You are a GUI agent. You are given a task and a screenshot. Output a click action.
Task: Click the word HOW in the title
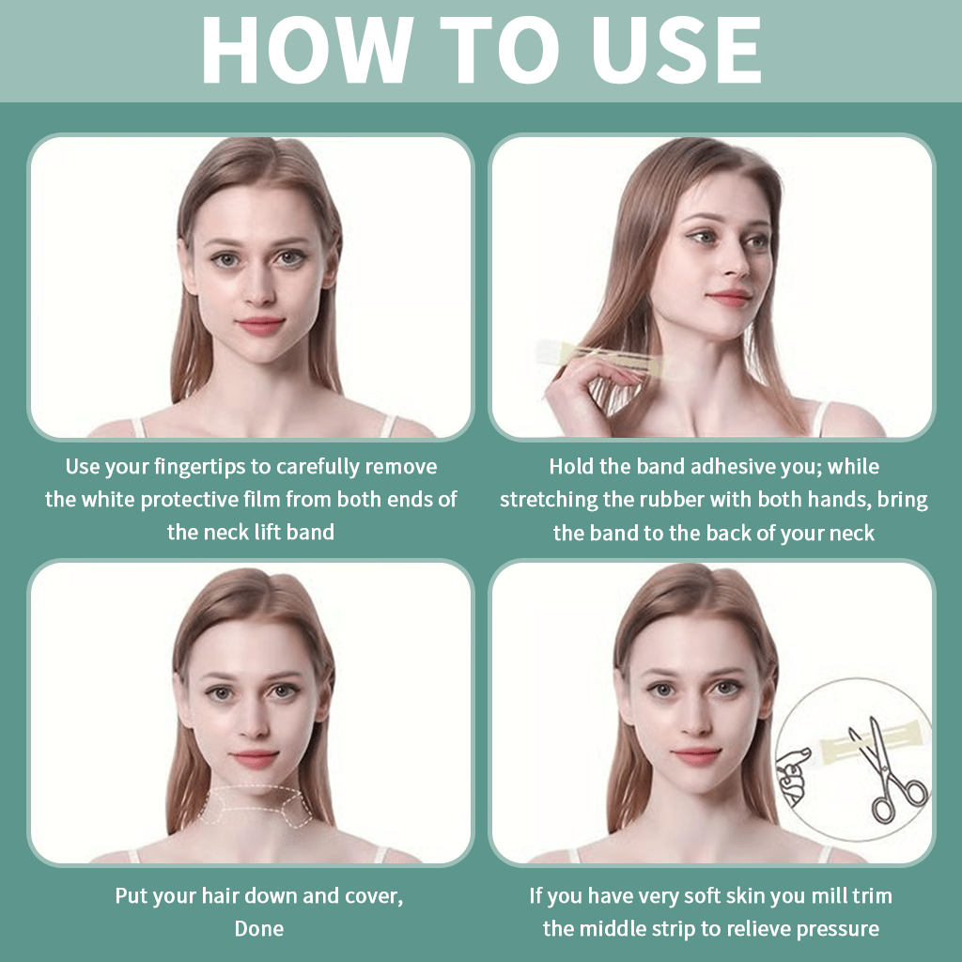tap(306, 51)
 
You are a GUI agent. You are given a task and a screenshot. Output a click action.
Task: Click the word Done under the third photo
tap(258, 928)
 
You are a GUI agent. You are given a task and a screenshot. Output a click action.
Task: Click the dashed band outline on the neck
tap(254, 803)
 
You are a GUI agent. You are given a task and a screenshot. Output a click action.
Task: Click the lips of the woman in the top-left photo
tap(260, 325)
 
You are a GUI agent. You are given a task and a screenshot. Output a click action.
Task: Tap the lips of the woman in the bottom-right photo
tap(696, 754)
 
